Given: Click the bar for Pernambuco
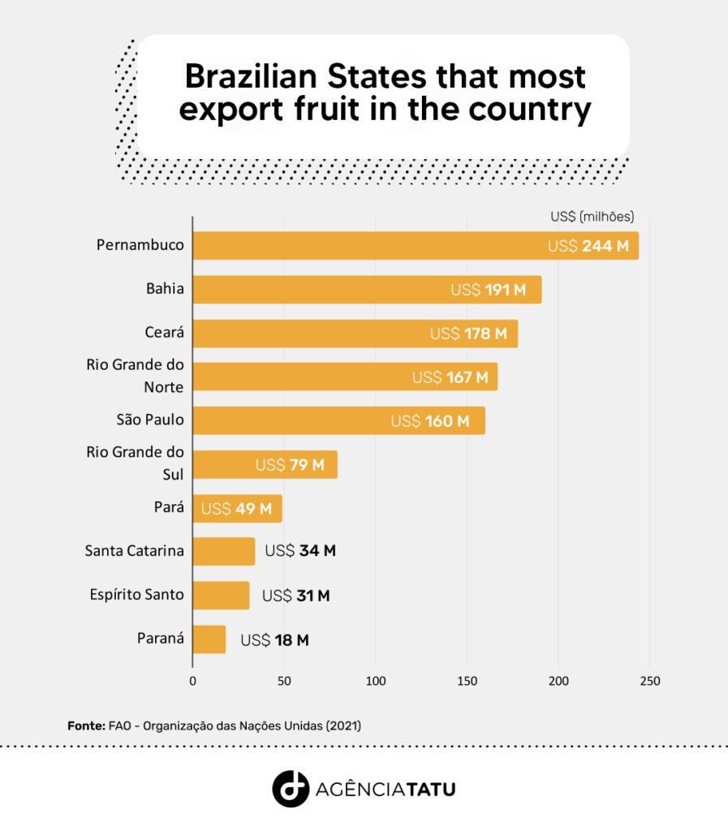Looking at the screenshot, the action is [416, 245].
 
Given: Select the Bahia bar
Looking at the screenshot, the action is [367, 290].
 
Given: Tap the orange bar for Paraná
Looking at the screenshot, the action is [209, 639].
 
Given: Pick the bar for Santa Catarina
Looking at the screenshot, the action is [224, 551].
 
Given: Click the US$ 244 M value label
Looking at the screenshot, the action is [588, 246].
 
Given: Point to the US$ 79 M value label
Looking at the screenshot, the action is [290, 465].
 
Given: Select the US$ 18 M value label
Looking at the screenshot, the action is [274, 640].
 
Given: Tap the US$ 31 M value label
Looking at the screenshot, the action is [295, 596].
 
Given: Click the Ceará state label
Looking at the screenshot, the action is [164, 332].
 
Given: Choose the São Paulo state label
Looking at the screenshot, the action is [150, 420].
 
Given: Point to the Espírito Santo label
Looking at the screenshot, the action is [136, 595].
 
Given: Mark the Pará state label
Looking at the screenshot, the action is [169, 507].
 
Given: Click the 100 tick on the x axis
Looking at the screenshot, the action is [376, 681].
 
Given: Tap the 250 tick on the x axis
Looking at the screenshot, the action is [650, 681].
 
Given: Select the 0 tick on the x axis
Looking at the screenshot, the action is [193, 681].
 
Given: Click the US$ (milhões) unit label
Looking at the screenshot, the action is [592, 217].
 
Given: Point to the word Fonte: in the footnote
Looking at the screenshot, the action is [86, 726].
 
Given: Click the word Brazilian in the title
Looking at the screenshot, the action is [251, 76].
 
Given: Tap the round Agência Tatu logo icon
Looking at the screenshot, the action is [291, 789].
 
